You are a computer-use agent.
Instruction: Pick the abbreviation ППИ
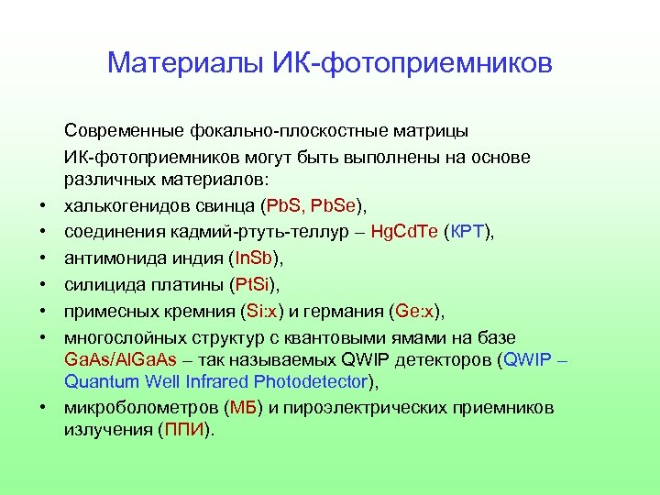coord(186,429)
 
